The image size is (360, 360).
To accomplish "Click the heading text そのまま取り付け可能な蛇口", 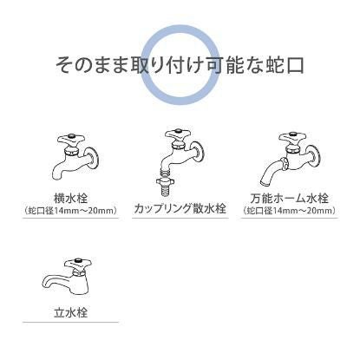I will pos(180,66).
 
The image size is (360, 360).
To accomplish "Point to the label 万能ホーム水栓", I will pos(289,196).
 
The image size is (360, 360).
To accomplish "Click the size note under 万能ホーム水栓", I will pos(289,210).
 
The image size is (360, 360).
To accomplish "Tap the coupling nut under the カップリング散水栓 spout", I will pos(164,183).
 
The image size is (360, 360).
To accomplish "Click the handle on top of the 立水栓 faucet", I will pos(78,260).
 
